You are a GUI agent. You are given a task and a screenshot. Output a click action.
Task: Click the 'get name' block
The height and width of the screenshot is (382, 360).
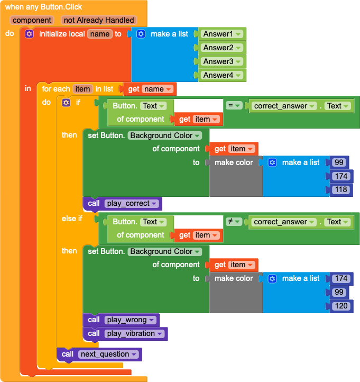point(150,89)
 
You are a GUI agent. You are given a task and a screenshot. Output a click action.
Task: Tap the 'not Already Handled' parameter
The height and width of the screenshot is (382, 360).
point(98,20)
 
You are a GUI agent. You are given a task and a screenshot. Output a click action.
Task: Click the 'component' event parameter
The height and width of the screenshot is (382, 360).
point(32,20)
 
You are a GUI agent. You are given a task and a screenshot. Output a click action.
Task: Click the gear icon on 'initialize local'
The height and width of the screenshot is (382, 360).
point(29,34)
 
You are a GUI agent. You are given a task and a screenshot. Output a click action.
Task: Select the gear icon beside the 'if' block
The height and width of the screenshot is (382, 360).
point(66,102)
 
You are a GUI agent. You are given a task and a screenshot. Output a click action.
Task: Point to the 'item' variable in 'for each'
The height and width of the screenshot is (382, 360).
point(82,89)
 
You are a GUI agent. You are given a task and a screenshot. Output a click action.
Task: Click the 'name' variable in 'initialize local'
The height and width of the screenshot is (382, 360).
point(99,34)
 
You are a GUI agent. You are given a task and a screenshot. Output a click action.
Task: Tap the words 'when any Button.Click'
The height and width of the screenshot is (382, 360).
point(43,7)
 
